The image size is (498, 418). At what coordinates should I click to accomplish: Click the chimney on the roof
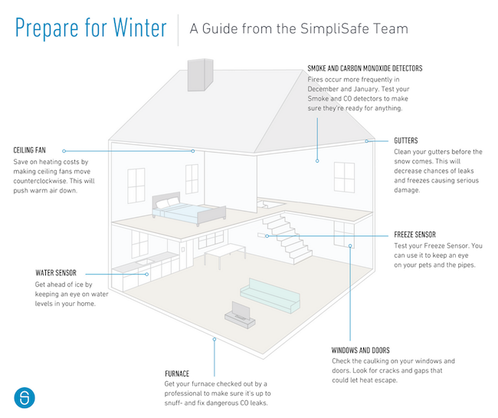pyautogui.click(x=200, y=75)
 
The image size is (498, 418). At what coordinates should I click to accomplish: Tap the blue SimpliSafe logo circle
pyautogui.click(x=25, y=397)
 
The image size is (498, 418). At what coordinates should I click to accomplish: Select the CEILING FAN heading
pyautogui.click(x=30, y=150)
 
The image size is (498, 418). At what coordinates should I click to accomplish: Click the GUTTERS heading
pyautogui.click(x=406, y=140)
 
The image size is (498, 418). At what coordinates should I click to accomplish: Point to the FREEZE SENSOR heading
pyautogui.click(x=414, y=235)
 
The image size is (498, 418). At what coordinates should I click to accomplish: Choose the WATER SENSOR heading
pyautogui.click(x=56, y=273)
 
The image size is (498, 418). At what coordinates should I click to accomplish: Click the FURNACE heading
pyautogui.click(x=177, y=374)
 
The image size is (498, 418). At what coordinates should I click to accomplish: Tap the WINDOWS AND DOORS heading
pyautogui.click(x=361, y=351)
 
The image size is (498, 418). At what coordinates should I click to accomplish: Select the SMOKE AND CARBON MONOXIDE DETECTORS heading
pyautogui.click(x=365, y=68)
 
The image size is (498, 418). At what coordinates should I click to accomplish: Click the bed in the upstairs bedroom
pyautogui.click(x=188, y=209)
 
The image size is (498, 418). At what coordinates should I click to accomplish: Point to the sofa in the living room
pyautogui.click(x=270, y=295)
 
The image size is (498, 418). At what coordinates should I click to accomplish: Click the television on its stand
pyautogui.click(x=240, y=314)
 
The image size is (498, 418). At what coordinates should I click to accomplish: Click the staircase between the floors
pyautogui.click(x=287, y=238)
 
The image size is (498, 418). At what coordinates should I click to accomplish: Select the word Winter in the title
pyautogui.click(x=139, y=28)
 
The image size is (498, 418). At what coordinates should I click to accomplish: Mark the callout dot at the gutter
pyautogui.click(x=366, y=141)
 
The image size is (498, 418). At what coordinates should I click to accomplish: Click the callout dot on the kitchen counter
pyautogui.click(x=147, y=274)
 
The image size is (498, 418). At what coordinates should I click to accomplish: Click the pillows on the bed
pyautogui.click(x=168, y=203)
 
